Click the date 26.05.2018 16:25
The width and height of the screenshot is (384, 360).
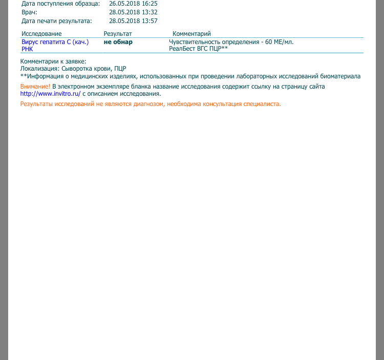pos(133,4)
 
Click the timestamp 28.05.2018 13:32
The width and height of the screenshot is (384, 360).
pos(133,12)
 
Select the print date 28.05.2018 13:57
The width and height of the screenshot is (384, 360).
pos(133,21)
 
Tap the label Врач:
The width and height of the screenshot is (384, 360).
pos(29,12)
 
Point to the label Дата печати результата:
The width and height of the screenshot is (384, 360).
pos(56,21)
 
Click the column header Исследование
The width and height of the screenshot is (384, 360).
pos(41,34)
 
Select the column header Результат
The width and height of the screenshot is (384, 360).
pos(118,34)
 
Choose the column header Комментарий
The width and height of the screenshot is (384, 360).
pos(191,34)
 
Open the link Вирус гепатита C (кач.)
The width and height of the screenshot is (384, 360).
pos(55,42)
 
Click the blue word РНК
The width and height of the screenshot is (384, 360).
pos(27,49)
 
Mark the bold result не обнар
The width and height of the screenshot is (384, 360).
pos(118,42)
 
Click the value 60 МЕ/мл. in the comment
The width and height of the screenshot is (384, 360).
pos(280,42)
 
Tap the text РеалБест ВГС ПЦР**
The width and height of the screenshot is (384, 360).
pos(198,49)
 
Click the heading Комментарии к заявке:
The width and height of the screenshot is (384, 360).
pos(53,61)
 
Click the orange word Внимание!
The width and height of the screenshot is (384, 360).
pos(35,87)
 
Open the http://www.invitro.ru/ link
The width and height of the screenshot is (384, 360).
pos(51,94)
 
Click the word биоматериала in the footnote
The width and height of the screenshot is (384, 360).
pos(342,76)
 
